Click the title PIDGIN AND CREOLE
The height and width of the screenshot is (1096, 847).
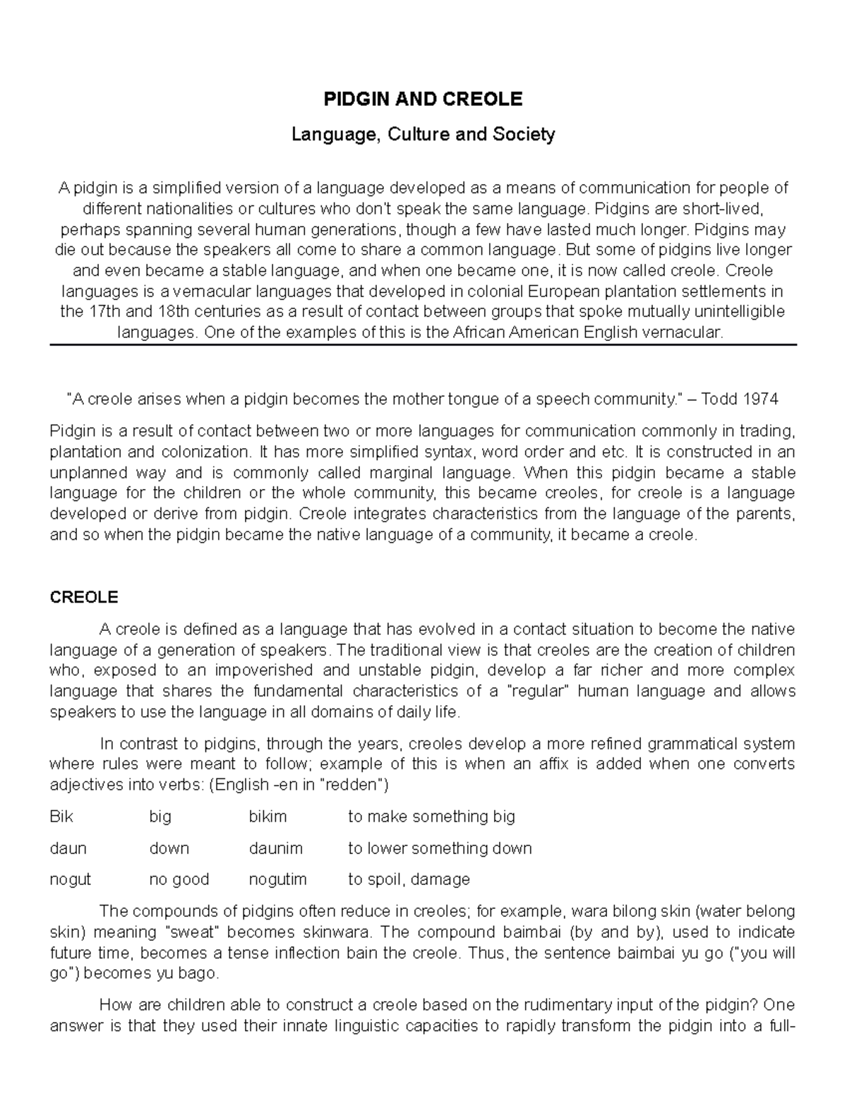click(x=423, y=100)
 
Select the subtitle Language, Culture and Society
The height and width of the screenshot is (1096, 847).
click(x=423, y=134)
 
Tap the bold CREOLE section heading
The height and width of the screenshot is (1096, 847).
click(x=84, y=598)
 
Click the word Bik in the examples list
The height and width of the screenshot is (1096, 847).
click(x=61, y=817)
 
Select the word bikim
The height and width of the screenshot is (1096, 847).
click(x=268, y=817)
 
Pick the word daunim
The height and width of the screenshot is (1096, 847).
click(x=275, y=848)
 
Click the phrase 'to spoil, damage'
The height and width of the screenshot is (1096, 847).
click(x=409, y=879)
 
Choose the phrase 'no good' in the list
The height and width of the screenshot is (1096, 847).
click(x=179, y=879)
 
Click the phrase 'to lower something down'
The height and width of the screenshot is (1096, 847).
click(x=440, y=848)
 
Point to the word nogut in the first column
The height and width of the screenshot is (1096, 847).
click(x=70, y=879)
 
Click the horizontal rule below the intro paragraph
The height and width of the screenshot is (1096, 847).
click(x=423, y=344)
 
